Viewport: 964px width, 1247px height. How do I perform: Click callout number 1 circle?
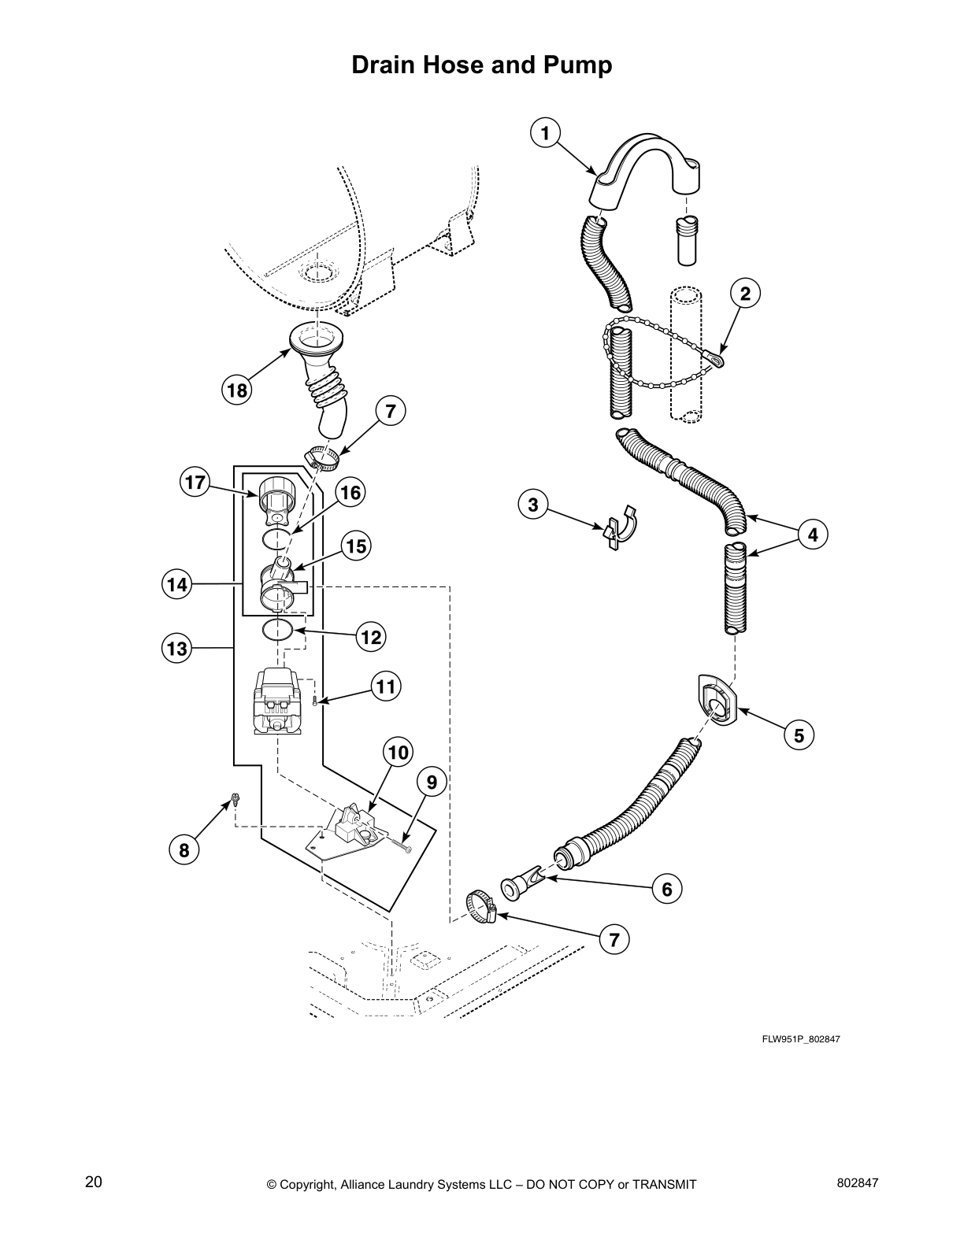point(545,132)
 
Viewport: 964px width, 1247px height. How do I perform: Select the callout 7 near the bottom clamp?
point(614,938)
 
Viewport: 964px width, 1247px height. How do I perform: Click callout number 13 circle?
point(177,648)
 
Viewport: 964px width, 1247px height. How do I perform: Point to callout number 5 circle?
point(799,735)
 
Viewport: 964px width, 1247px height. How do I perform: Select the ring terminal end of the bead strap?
point(717,360)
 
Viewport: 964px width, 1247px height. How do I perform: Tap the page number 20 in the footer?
point(93,1182)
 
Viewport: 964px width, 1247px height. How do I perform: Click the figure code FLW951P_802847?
point(801,1039)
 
